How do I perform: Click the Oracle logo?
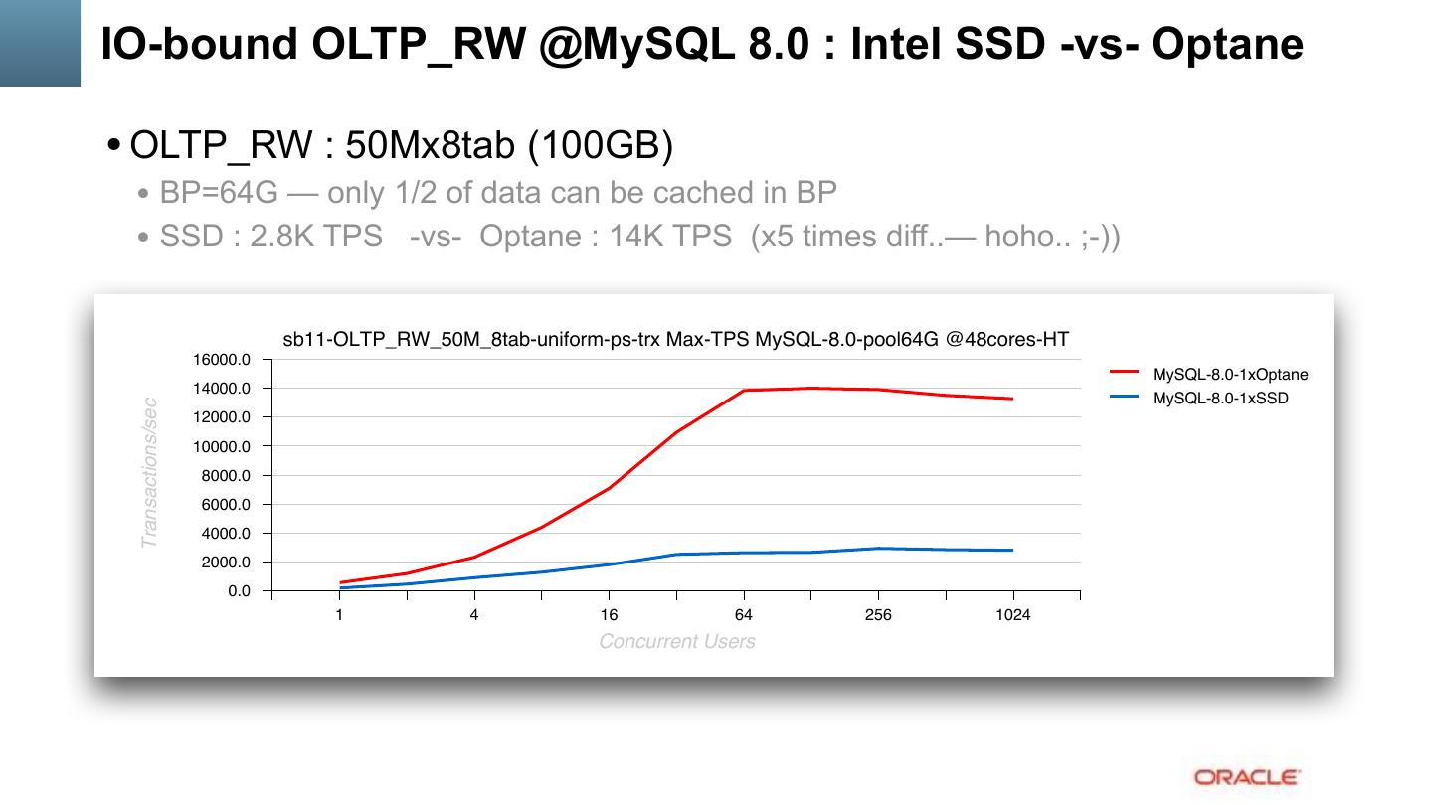[1246, 777]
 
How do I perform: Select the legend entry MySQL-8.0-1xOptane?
[1229, 375]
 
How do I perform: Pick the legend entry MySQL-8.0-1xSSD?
[1219, 399]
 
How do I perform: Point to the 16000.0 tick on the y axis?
[226, 360]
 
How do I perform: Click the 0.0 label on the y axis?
[239, 591]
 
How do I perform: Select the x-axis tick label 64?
[743, 615]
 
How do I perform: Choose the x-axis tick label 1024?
[1012, 615]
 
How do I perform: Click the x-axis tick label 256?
[878, 615]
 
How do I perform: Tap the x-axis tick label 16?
[609, 615]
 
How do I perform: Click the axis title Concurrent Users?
[676, 642]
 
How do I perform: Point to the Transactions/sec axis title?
[150, 472]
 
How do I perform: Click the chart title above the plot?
[675, 340]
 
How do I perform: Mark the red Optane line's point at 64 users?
[744, 391]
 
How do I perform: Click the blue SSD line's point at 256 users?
[878, 549]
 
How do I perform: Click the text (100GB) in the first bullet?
[600, 146]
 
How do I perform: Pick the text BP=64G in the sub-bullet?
[219, 192]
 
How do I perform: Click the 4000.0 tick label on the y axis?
[226, 534]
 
